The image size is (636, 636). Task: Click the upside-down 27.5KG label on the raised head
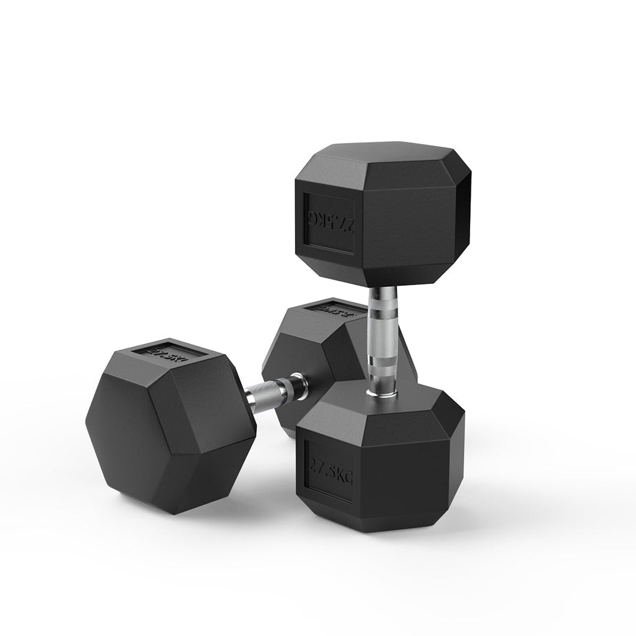tap(329, 222)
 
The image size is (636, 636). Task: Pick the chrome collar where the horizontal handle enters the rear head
tap(296, 383)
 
